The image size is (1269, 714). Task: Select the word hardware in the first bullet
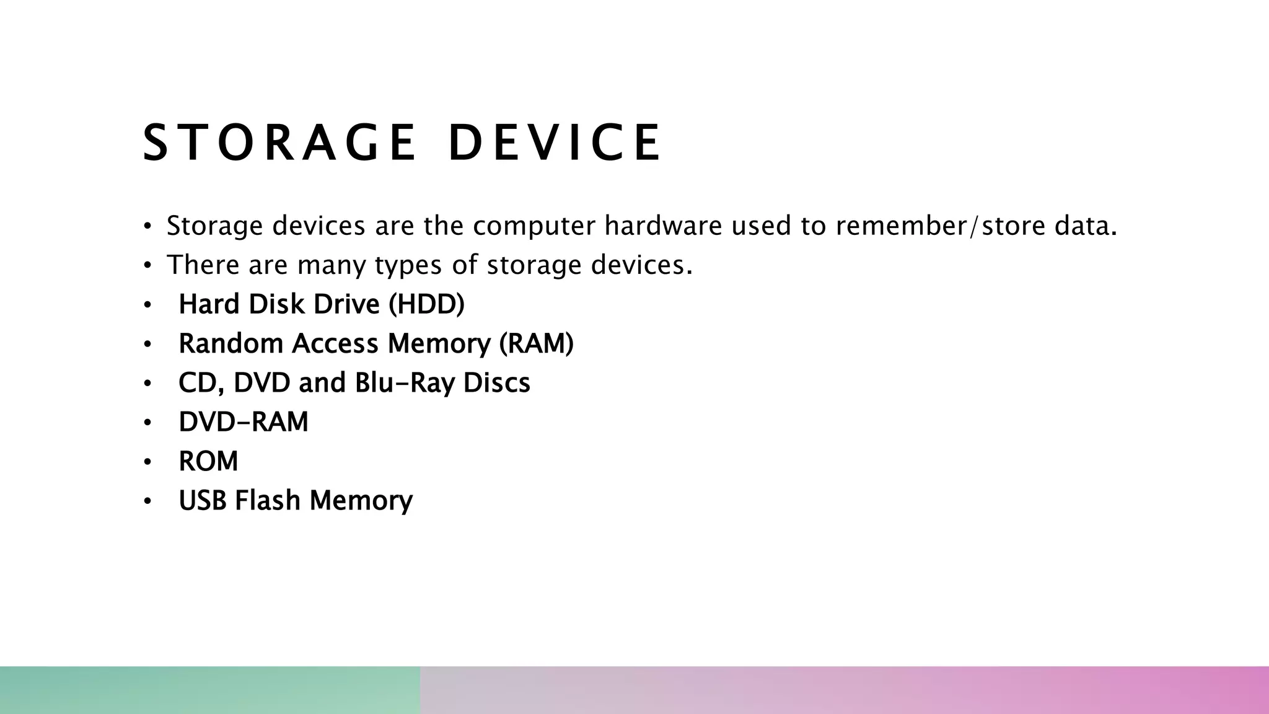point(663,226)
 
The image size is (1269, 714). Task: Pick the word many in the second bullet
point(332,266)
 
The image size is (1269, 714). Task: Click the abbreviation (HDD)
point(426,305)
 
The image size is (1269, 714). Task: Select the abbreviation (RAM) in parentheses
point(537,344)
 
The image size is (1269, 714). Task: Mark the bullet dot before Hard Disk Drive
point(147,305)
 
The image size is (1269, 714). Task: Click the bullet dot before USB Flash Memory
point(147,501)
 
